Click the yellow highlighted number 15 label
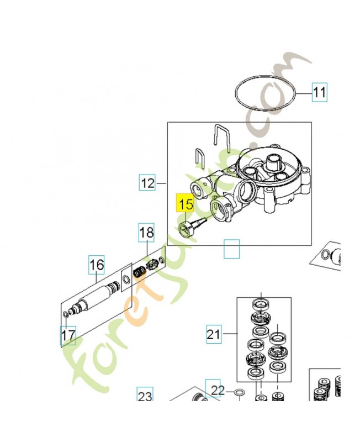pos(185,204)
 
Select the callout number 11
pos(319,92)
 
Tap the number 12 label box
pos(147,182)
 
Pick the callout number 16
pos(97,265)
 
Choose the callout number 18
pos(146,233)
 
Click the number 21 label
pos(214,334)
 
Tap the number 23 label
pos(145,396)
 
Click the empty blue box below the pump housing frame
pos(232,249)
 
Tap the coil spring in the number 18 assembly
pos(140,272)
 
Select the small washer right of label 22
pos(239,393)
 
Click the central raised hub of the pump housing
pos(273,163)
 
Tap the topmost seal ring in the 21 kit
pos(258,304)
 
